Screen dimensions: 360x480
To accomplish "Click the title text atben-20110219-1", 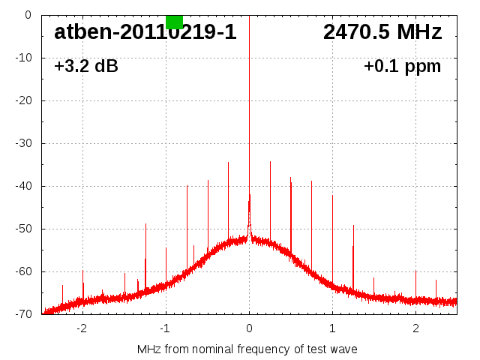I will pyautogui.click(x=145, y=32).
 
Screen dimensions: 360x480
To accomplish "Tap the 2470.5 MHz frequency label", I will pyautogui.click(x=382, y=32).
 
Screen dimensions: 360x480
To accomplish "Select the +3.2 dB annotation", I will pyautogui.click(x=86, y=67).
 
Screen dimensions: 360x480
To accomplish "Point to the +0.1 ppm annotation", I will pyautogui.click(x=403, y=67).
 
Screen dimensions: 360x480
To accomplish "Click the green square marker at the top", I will pyautogui.click(x=174, y=22).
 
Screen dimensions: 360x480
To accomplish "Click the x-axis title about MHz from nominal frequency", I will pyautogui.click(x=247, y=349).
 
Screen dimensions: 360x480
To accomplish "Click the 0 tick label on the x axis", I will pyautogui.click(x=249, y=328).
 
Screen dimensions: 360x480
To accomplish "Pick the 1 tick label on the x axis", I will pyautogui.click(x=332, y=328).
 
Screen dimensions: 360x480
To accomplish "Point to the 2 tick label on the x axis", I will pyautogui.click(x=415, y=328).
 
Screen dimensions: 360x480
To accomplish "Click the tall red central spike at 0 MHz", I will pyautogui.click(x=249, y=112).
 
